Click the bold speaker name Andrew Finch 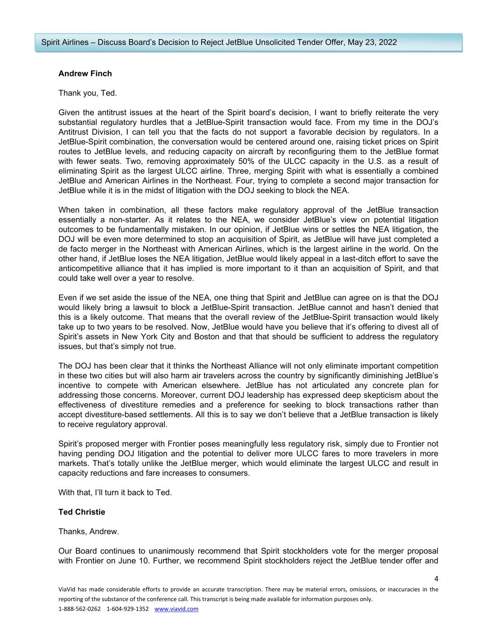85,73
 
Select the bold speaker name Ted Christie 81,512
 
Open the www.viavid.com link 176,609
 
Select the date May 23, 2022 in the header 372,42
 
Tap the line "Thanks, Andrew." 89,532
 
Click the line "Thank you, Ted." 88,93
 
